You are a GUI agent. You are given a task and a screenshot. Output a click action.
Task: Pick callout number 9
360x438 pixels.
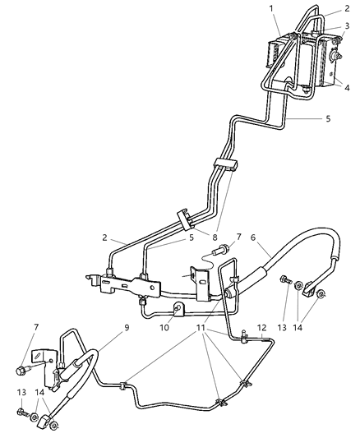point(126,327)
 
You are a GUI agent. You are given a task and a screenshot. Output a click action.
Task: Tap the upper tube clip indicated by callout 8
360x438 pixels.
point(226,164)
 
